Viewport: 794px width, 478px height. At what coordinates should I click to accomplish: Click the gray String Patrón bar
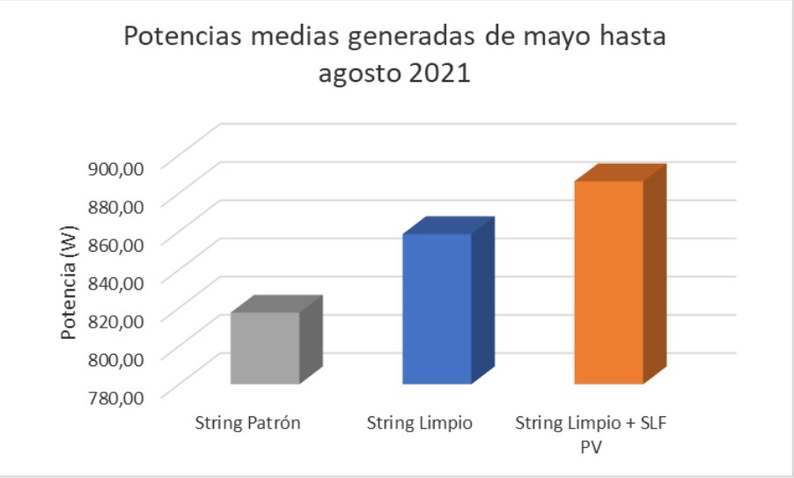click(x=265, y=348)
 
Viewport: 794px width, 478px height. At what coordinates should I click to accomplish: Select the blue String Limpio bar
click(x=437, y=308)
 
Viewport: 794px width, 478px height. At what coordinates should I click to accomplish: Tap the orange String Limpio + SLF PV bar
click(x=608, y=282)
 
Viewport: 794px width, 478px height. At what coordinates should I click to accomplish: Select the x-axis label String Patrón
click(x=248, y=423)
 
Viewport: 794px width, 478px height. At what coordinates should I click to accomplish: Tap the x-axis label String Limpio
click(x=419, y=423)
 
